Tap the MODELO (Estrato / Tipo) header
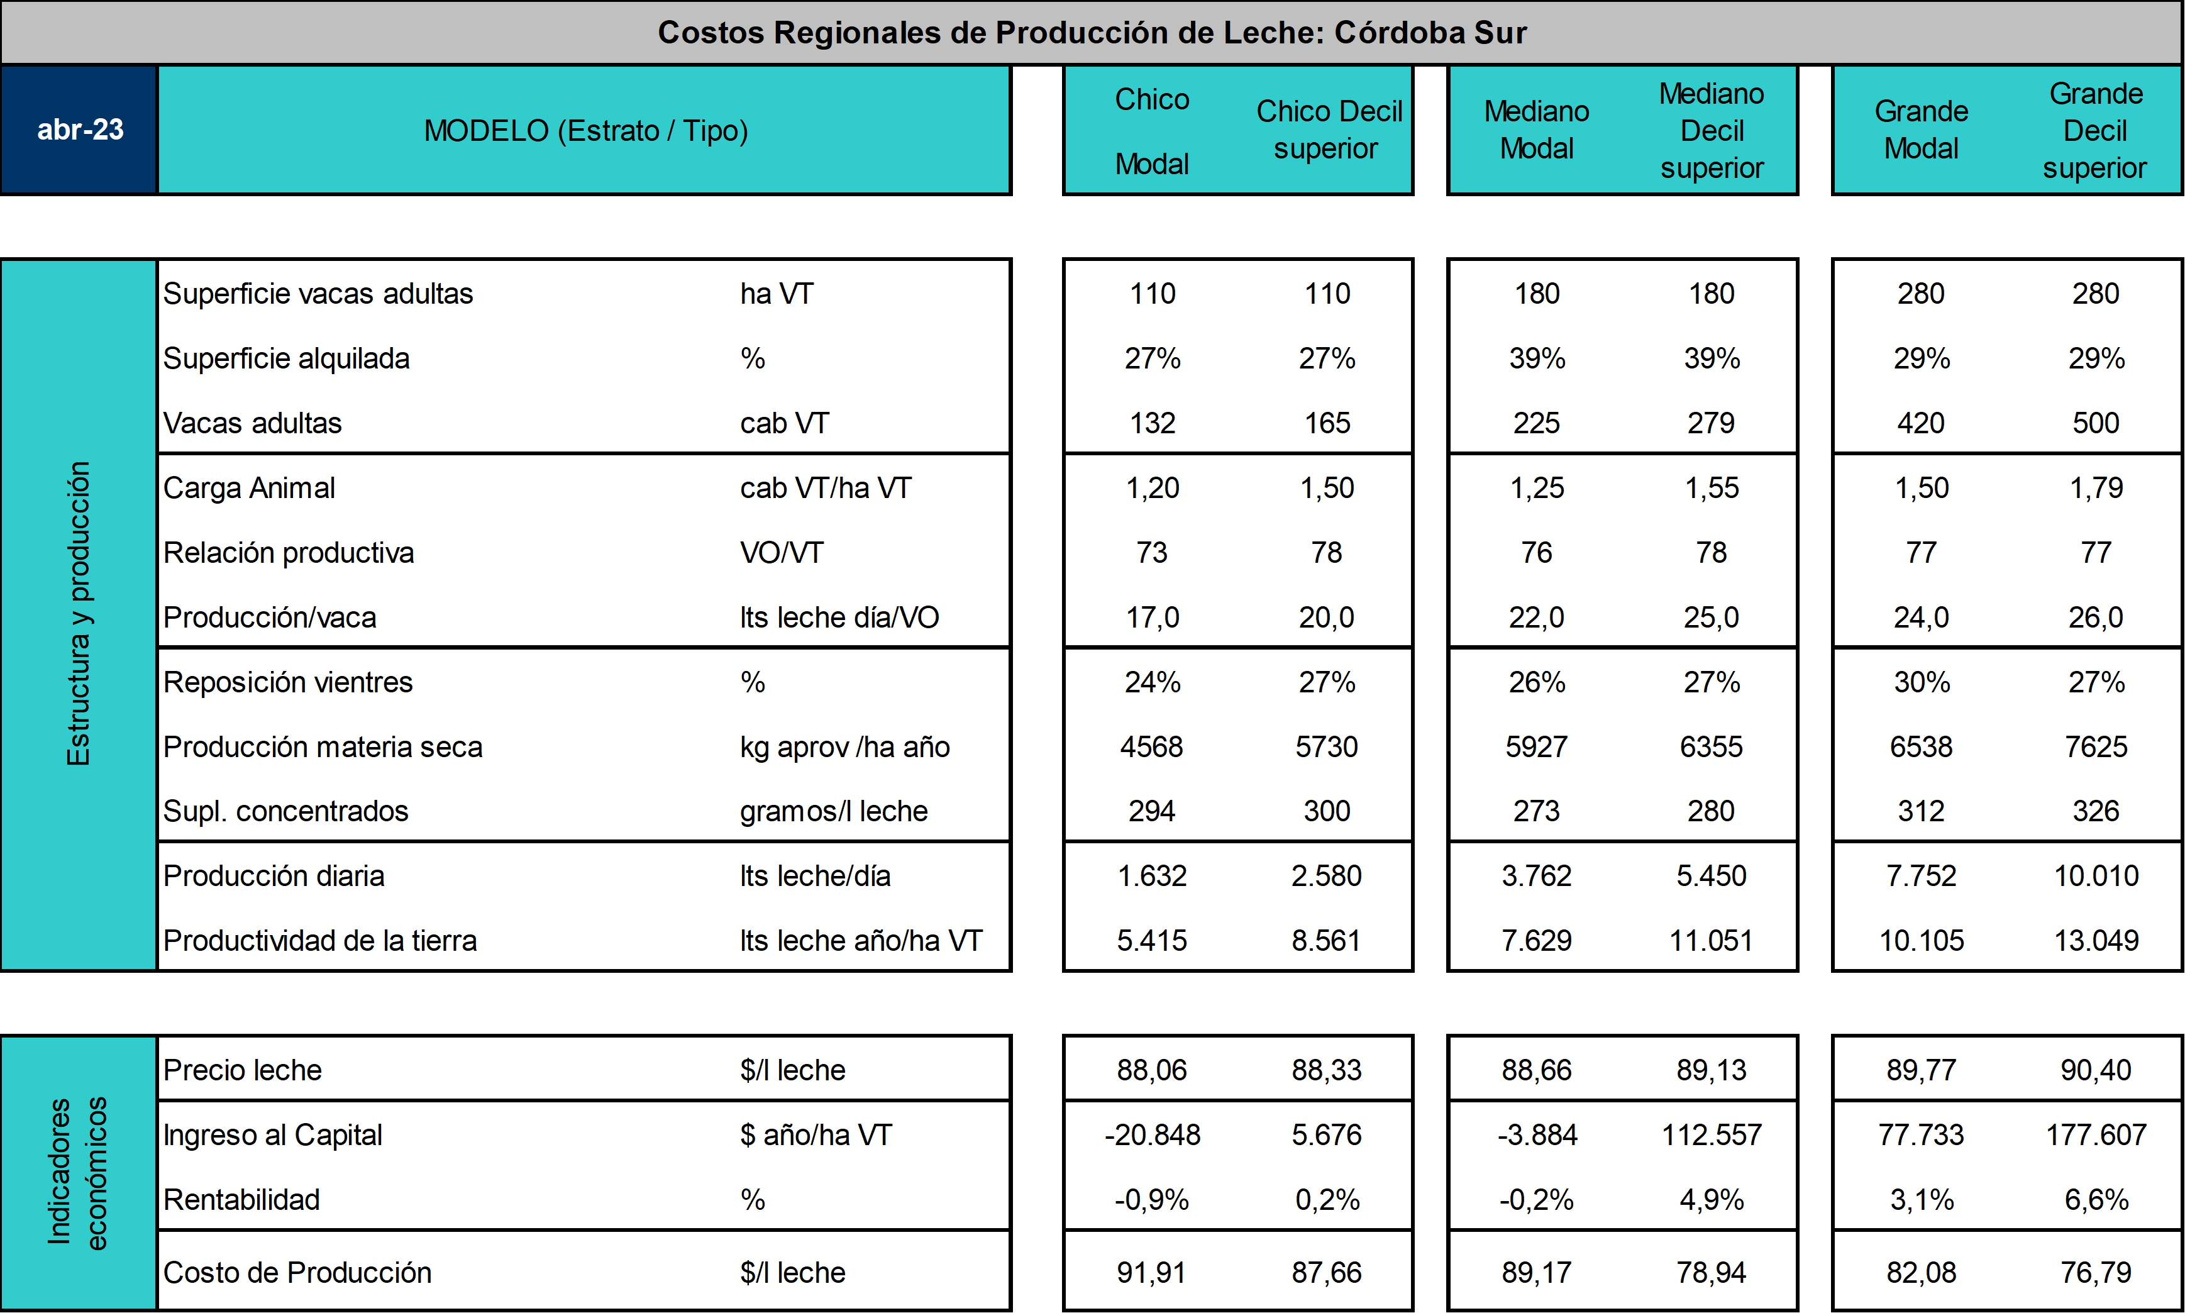(585, 131)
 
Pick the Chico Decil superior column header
(1328, 130)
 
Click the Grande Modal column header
(1922, 130)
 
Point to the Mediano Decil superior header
(1712, 130)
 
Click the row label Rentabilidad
(241, 1200)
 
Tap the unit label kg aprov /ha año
(845, 748)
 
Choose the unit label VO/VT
(782, 553)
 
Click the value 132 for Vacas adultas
(1152, 423)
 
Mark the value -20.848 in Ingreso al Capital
(1152, 1135)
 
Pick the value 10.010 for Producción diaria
(2096, 876)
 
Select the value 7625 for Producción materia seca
(2096, 747)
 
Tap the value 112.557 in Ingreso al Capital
(1712, 1135)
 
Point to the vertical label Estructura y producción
(79, 613)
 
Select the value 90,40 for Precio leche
(2096, 1070)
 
